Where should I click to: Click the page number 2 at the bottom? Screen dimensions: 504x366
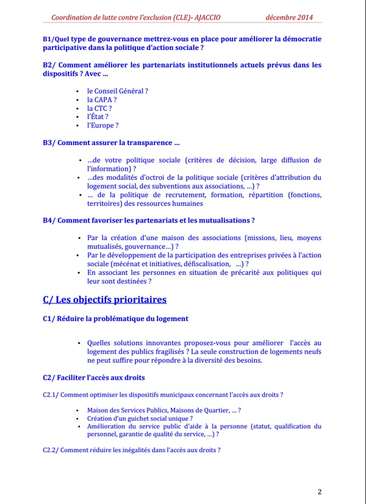point(320,492)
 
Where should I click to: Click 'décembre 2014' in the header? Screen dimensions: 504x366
point(289,17)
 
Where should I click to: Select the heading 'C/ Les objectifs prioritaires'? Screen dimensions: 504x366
point(104,299)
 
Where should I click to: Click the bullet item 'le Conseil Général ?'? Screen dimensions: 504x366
point(117,91)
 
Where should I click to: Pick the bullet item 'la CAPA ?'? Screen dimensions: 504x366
point(101,99)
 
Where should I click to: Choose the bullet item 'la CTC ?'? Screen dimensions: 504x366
point(99,108)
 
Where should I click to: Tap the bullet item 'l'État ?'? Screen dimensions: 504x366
point(98,116)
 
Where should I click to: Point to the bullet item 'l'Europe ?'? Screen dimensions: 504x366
point(102,125)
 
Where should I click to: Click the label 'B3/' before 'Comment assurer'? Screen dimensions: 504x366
point(49,143)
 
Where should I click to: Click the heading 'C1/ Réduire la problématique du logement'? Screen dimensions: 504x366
point(115,318)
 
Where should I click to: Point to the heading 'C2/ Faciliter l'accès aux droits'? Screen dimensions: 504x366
point(93,377)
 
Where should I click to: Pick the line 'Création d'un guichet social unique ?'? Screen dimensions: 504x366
point(140,419)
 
